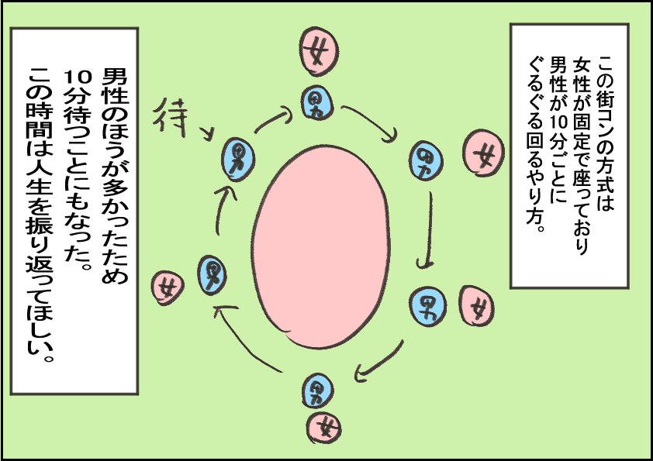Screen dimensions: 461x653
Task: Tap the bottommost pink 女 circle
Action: tap(326, 424)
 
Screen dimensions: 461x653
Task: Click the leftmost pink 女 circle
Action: tap(168, 287)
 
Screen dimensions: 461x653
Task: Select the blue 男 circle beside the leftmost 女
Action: tap(212, 275)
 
